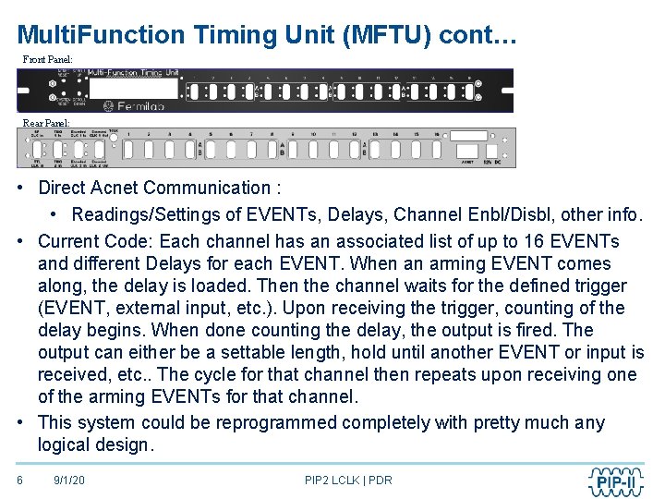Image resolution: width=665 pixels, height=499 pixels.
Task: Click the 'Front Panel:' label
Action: [x=47, y=59]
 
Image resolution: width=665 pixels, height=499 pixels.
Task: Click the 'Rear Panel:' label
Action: [x=45, y=123]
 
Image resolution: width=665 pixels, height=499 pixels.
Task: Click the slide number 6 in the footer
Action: [x=20, y=481]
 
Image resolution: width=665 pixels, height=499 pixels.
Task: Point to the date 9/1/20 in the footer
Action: [x=69, y=481]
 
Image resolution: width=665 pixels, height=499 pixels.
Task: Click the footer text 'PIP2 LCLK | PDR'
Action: [x=348, y=481]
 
